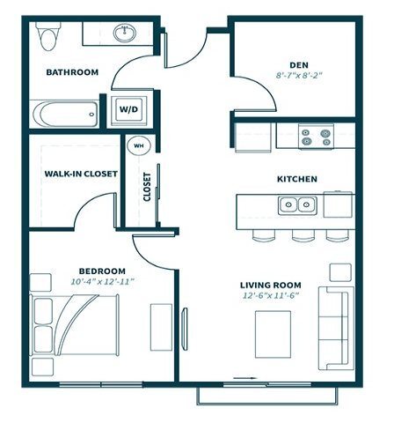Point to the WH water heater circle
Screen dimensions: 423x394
click(x=137, y=146)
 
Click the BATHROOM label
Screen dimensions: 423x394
click(x=72, y=72)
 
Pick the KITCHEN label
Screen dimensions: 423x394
click(x=296, y=179)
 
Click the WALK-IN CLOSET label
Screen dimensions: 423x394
click(x=81, y=174)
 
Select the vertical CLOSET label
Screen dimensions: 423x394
click(x=147, y=187)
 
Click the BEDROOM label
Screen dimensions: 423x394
click(x=103, y=270)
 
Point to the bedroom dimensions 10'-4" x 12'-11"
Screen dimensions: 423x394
click(x=103, y=281)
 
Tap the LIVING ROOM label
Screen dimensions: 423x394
click(x=271, y=285)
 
